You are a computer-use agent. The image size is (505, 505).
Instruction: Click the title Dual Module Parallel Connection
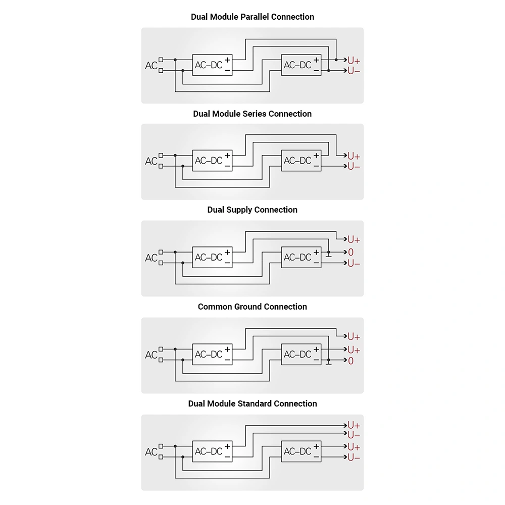click(x=252, y=17)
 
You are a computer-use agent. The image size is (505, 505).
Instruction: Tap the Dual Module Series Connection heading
click(x=252, y=114)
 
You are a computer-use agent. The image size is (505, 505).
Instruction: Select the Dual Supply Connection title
click(x=252, y=210)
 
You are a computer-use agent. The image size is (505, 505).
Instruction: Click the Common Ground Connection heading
click(x=252, y=307)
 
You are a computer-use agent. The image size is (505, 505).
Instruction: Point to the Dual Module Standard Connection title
click(x=252, y=403)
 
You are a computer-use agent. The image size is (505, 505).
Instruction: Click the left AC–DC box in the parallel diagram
click(x=212, y=65)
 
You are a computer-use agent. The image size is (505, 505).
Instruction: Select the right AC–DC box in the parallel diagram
click(x=301, y=65)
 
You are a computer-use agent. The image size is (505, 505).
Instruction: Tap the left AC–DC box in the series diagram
click(x=212, y=161)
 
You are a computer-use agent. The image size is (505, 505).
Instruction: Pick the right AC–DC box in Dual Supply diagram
click(x=301, y=258)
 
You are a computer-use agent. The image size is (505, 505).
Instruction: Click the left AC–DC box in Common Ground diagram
click(x=212, y=355)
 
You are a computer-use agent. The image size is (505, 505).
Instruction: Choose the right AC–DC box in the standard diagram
click(x=301, y=451)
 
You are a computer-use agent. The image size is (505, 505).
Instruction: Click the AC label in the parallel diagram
click(x=151, y=66)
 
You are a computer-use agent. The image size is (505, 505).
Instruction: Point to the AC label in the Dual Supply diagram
click(x=151, y=258)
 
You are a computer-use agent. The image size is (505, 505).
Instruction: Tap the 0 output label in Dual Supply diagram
click(x=351, y=252)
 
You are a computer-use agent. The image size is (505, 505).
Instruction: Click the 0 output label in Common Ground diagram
click(x=351, y=361)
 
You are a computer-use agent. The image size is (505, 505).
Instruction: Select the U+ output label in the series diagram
click(x=353, y=156)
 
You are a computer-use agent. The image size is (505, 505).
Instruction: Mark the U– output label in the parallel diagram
click(x=353, y=71)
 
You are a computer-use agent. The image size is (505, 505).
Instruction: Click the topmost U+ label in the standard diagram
click(x=353, y=425)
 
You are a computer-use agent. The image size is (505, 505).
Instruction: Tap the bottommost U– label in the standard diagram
click(x=353, y=458)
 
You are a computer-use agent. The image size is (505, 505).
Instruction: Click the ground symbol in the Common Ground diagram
click(x=329, y=362)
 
